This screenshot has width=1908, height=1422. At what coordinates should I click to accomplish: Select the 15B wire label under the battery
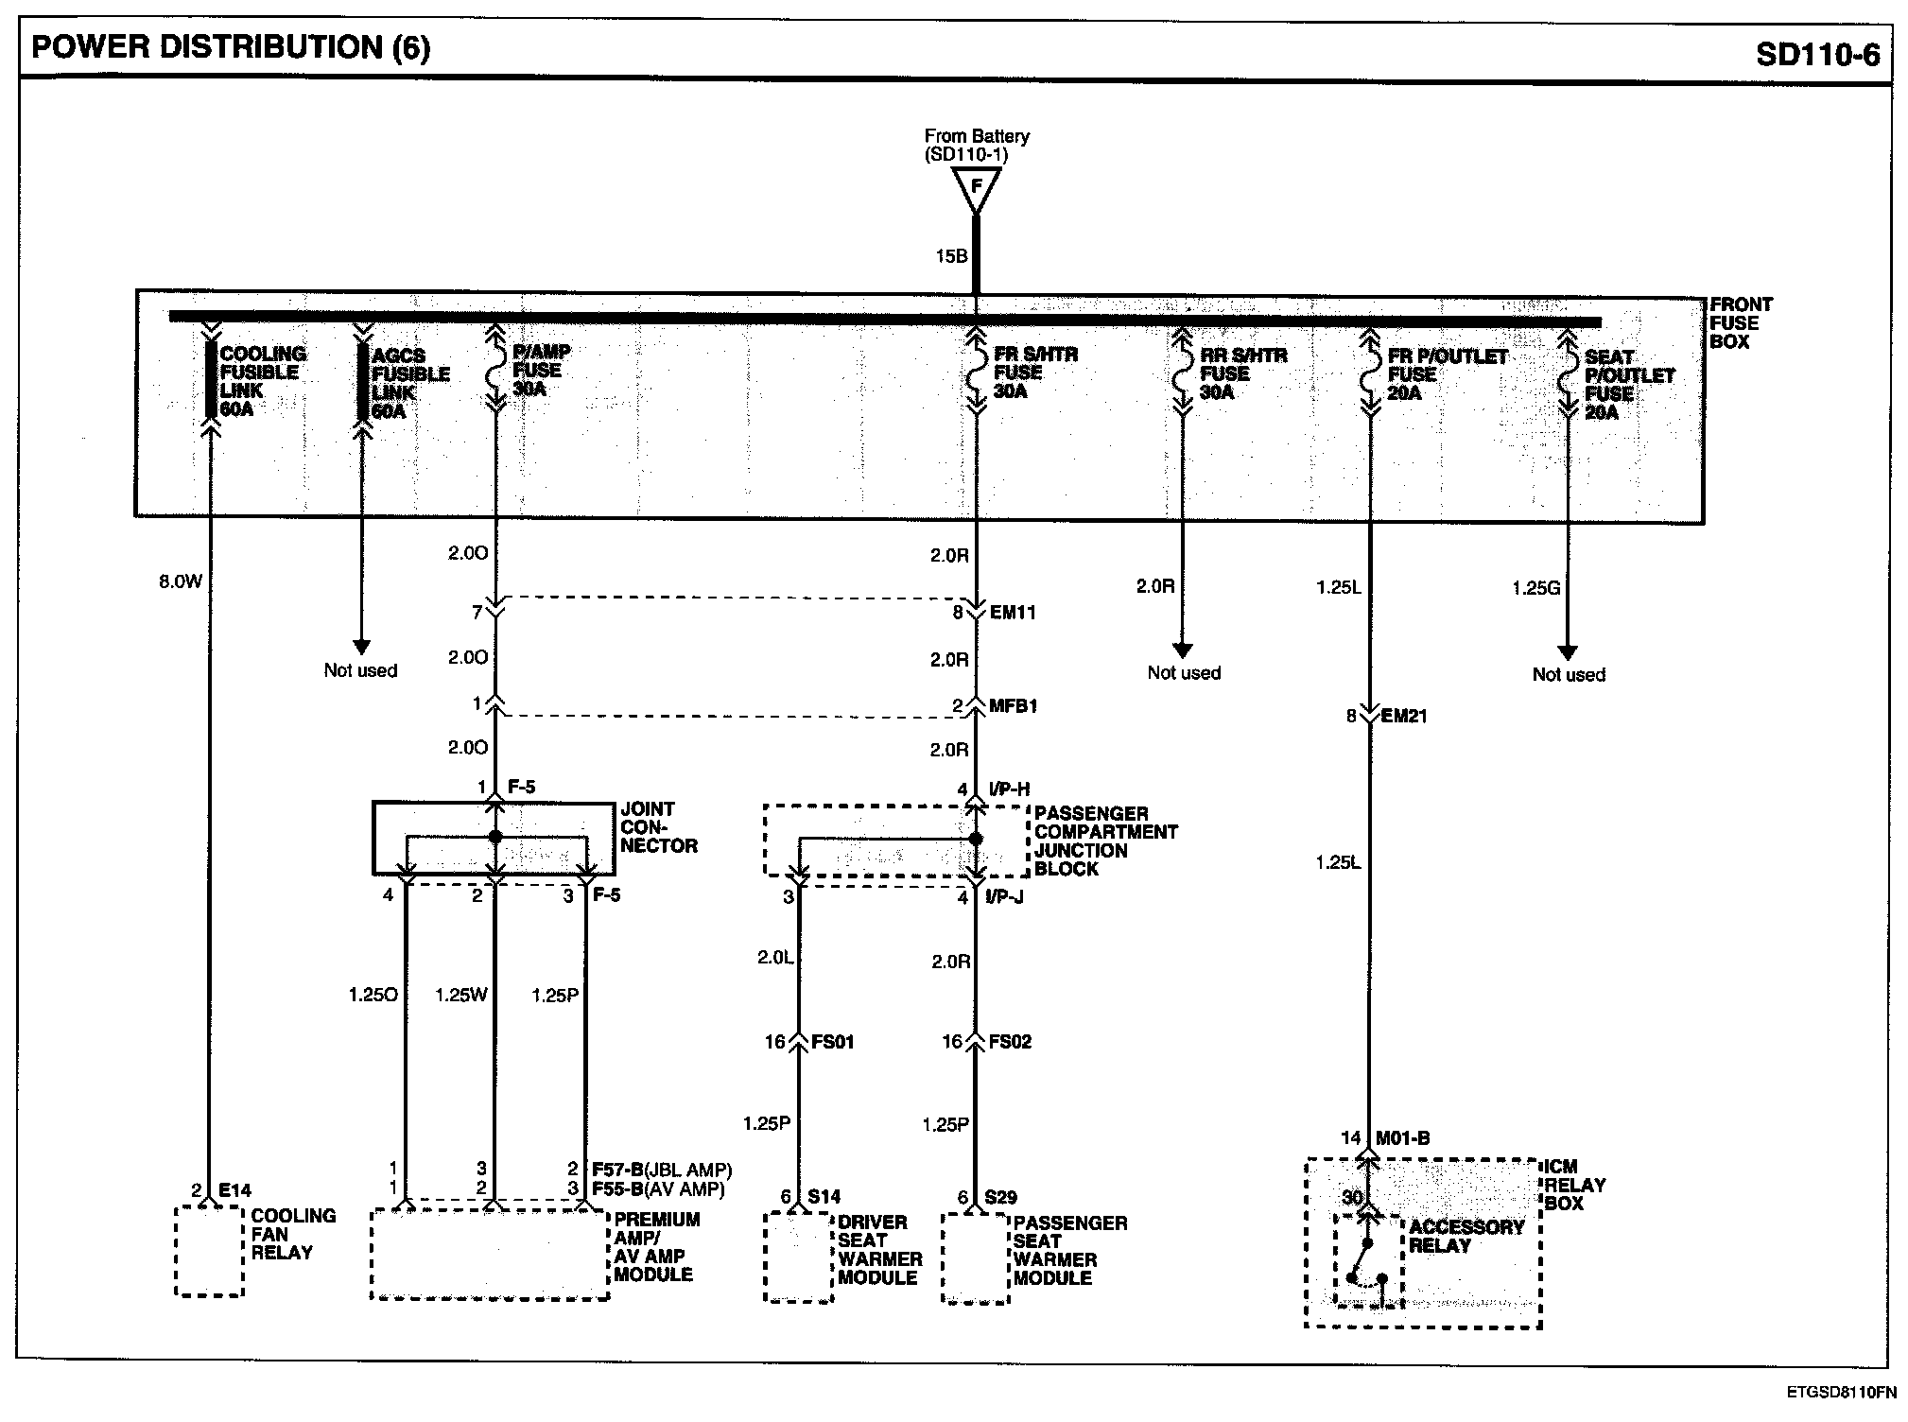950,256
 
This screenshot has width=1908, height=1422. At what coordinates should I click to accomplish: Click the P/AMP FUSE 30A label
541,370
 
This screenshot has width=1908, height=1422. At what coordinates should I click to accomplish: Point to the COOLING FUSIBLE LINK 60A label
262,381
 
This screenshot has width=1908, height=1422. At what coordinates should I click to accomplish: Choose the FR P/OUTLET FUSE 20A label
1447,374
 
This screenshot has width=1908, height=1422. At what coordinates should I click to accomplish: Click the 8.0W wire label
181,582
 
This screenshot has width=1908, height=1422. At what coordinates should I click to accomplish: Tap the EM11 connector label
1013,613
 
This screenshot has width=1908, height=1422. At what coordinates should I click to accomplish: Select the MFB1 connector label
1013,706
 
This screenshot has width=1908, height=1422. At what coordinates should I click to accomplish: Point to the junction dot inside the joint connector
494,838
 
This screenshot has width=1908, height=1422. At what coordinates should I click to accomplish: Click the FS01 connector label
833,1042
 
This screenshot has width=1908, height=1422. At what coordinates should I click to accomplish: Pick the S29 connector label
999,1197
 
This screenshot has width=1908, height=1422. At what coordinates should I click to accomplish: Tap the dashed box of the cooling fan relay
209,1252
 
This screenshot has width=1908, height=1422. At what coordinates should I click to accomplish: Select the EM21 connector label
1404,716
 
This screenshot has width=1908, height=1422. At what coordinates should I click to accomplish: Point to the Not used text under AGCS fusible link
360,670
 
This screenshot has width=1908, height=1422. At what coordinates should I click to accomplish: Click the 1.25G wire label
1535,588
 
